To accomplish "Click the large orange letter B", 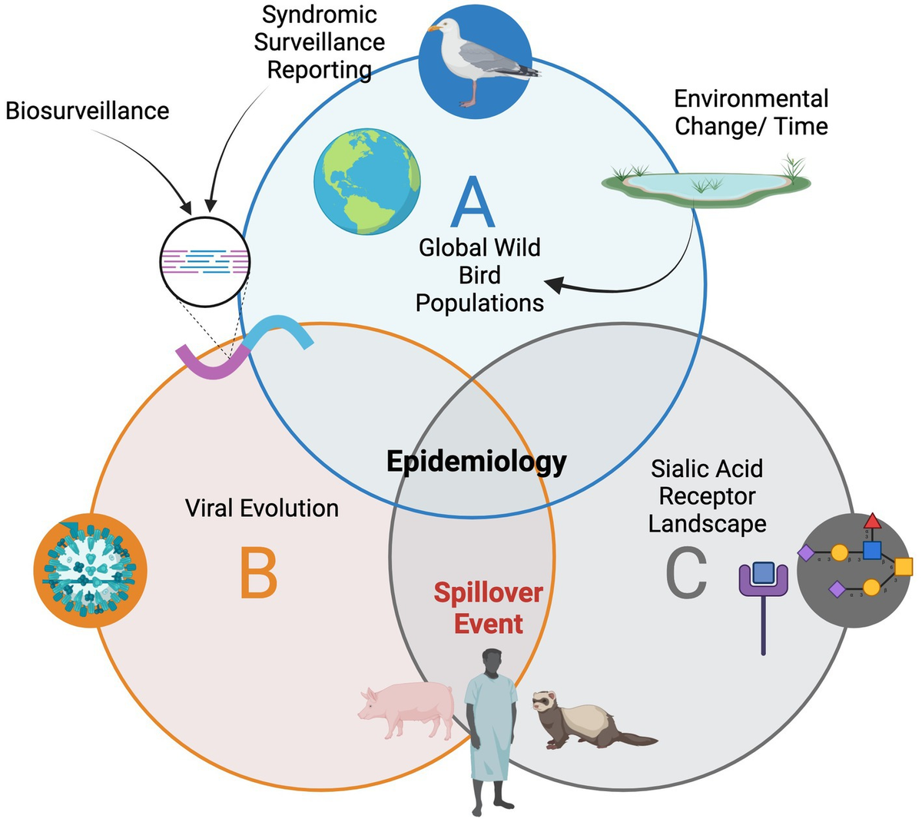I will coord(258,572).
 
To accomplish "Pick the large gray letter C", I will coord(685,572).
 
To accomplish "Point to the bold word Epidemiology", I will coord(476,462).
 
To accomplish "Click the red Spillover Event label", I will coord(488,608).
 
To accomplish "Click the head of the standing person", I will coord(492,663).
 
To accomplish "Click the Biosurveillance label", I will coord(87,111).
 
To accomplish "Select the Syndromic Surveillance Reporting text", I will coord(320,42).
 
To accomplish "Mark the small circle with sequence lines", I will coord(205,261).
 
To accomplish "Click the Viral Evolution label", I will coord(262,508).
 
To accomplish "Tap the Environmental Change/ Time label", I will coord(751,112).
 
